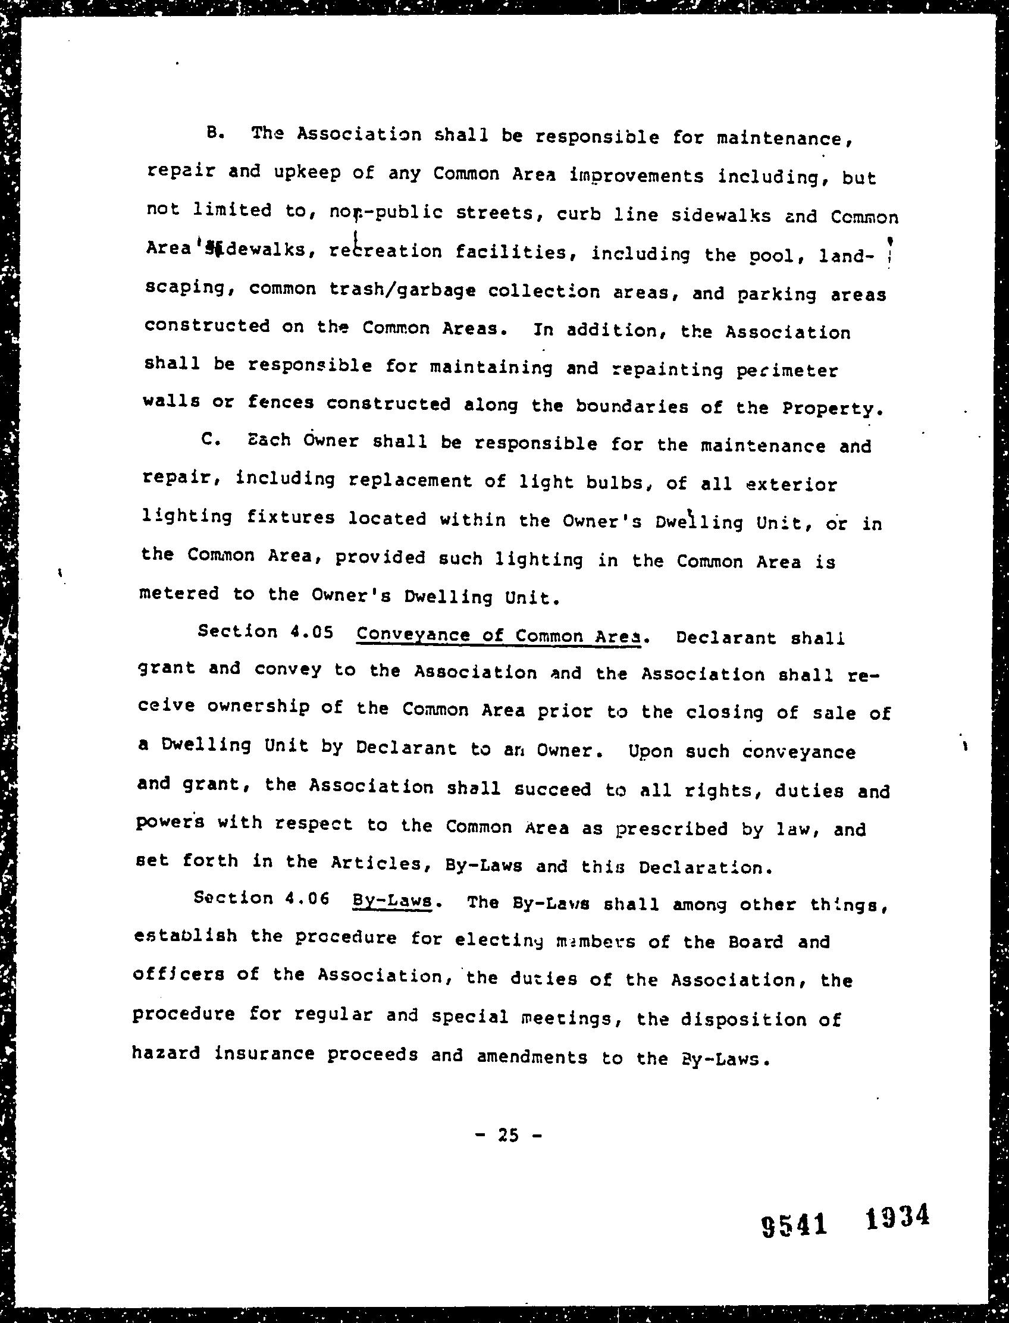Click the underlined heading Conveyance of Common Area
[x=499, y=636]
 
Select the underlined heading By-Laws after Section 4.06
[x=392, y=901]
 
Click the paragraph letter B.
[x=214, y=134]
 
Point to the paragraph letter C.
[x=212, y=440]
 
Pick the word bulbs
[x=619, y=483]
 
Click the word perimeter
[x=786, y=371]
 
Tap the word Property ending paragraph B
[x=832, y=409]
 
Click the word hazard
[x=166, y=1054]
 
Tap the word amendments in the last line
[x=531, y=1056]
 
